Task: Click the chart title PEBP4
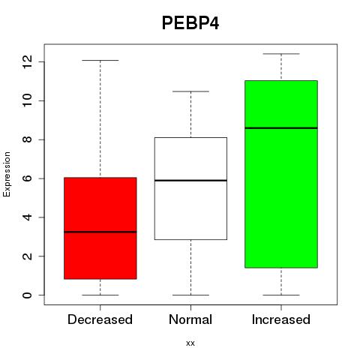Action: [190, 23]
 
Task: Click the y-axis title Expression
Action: [7, 174]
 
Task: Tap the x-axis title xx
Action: [190, 343]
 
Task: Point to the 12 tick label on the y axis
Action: [27, 61]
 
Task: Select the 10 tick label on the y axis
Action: [27, 100]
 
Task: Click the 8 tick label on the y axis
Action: [27, 139]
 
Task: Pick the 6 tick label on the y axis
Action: [27, 178]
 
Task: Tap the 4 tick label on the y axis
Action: [27, 217]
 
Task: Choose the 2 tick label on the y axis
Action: [27, 256]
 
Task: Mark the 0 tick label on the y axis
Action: [27, 295]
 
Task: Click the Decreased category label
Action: [100, 319]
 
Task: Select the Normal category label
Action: [190, 319]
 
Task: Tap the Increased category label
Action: [281, 319]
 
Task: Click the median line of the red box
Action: [100, 232]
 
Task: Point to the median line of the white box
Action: [190, 180]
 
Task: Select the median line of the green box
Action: [281, 127]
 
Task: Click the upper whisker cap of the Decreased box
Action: [100, 60]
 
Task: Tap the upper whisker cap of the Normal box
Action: [190, 91]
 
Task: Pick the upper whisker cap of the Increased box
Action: [281, 53]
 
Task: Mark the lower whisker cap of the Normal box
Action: [190, 295]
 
